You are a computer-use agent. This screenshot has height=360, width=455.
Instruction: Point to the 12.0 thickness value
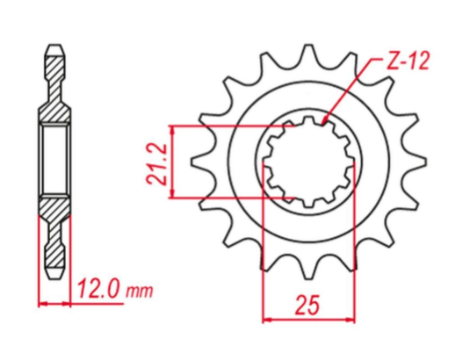[97, 289]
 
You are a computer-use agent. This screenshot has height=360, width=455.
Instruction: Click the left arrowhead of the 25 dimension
[265, 318]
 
